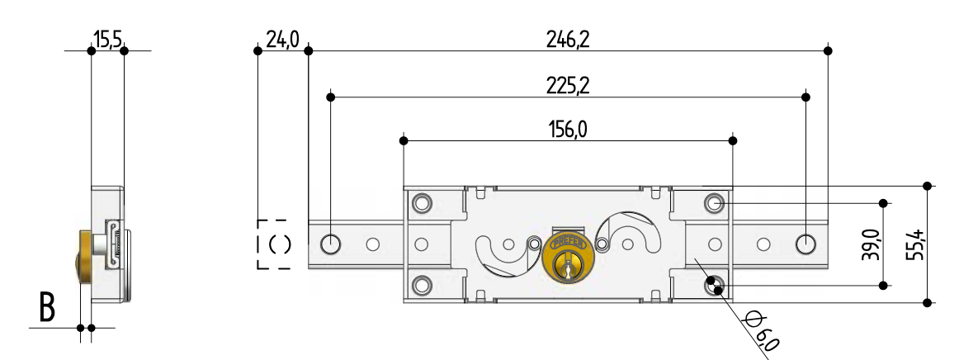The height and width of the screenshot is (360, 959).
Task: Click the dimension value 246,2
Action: [x=569, y=39]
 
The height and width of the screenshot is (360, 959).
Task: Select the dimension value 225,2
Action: [x=569, y=86]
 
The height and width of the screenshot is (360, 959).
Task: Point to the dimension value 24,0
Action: [x=283, y=39]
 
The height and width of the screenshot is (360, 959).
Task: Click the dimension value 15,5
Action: [x=107, y=39]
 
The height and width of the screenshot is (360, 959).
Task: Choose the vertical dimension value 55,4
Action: [x=913, y=244]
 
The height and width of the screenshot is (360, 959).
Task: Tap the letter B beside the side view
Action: [x=47, y=307]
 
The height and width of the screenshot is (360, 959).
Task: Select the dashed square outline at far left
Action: [x=273, y=244]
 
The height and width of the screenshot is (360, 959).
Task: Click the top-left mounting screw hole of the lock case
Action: [x=422, y=202]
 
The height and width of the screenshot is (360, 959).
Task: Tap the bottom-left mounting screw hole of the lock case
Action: [x=422, y=284]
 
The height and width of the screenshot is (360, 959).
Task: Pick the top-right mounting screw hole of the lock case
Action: [x=714, y=202]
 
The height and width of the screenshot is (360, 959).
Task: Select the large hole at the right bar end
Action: [x=805, y=244]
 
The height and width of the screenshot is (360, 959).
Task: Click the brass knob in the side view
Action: [x=84, y=257]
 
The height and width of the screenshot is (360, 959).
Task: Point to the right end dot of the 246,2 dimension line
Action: [x=828, y=51]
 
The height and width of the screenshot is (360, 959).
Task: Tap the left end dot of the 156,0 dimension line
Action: [x=403, y=140]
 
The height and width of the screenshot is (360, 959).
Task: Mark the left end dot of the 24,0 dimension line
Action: [x=257, y=51]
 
